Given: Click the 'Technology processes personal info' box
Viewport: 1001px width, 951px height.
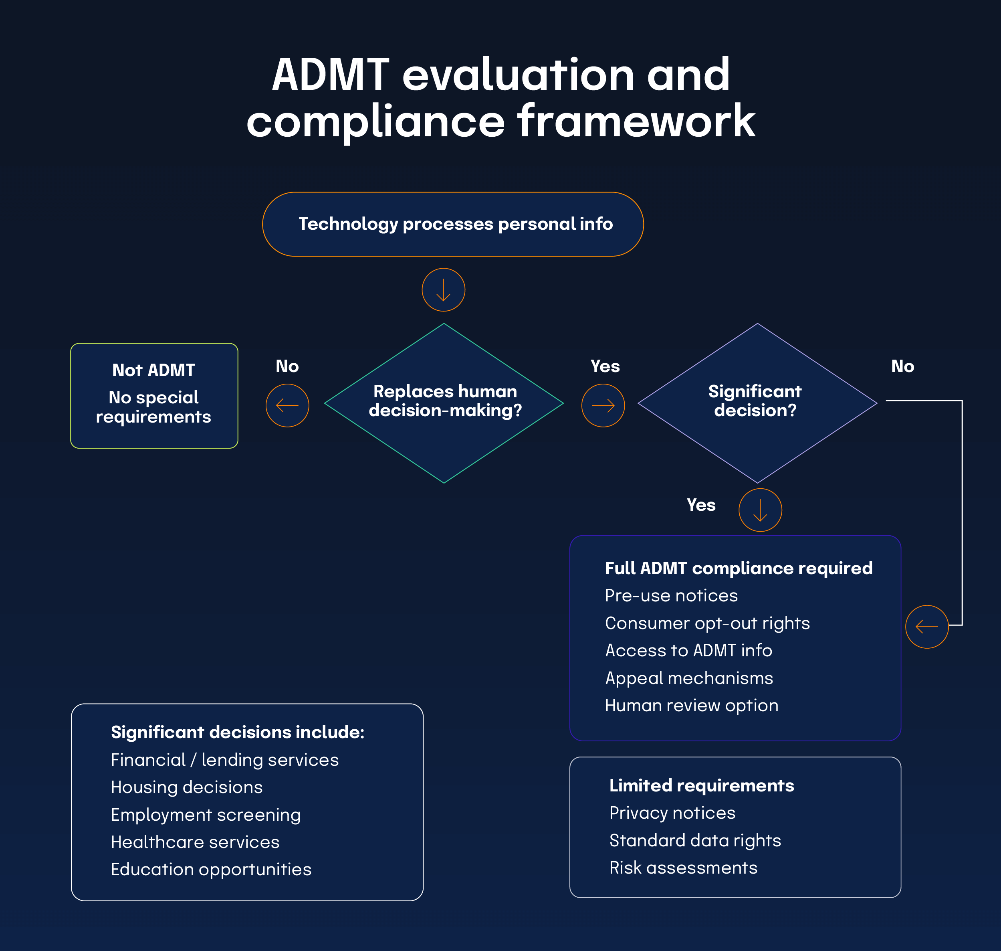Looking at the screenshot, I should (x=453, y=224).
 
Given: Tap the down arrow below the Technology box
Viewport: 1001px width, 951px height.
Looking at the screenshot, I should (x=443, y=290).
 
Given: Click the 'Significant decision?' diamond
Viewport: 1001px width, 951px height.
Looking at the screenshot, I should (x=757, y=403).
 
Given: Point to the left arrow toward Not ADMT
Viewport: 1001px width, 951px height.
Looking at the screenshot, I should (x=287, y=406).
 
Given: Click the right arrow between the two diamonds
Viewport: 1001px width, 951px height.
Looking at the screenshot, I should (x=603, y=406).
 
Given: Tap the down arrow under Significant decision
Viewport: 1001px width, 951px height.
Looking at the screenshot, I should (x=760, y=510).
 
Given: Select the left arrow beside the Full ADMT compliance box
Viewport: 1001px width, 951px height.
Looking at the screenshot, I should (x=926, y=627).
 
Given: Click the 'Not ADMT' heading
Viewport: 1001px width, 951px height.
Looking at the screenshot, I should (x=153, y=370).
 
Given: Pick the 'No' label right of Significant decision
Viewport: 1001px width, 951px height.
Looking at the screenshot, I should (x=902, y=366).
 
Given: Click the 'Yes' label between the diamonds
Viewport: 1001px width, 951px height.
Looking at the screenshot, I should (x=605, y=366).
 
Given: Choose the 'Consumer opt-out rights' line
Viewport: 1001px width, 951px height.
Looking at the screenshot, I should (x=707, y=623).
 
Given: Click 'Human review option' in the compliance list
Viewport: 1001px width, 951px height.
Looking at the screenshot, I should (x=692, y=705).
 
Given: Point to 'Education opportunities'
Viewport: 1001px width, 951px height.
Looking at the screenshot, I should (x=211, y=869).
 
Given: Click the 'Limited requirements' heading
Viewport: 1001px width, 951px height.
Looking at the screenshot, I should (x=702, y=785).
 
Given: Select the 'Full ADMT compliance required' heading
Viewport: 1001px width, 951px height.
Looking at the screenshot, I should (x=739, y=568).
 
